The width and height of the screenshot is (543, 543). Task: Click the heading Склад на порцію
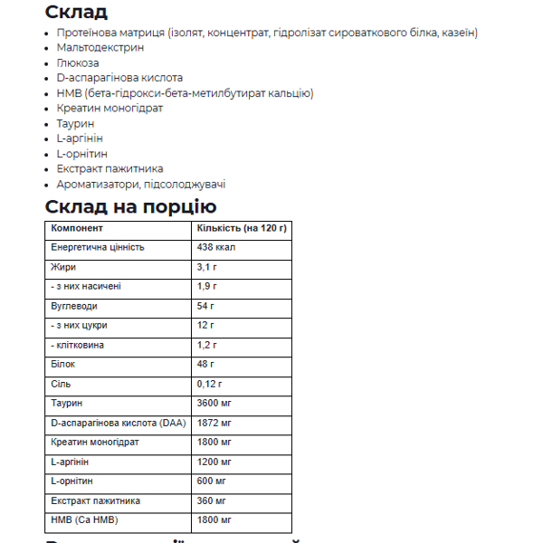tap(130, 206)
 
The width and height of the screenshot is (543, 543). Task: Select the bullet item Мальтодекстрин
tap(94, 47)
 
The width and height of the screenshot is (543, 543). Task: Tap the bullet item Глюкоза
tap(78, 62)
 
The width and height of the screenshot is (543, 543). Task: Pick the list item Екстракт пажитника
tap(110, 168)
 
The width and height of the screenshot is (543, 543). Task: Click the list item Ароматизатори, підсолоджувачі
tap(140, 184)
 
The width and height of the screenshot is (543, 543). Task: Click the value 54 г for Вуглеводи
tap(205, 306)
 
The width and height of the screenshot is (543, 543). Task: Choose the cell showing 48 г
tap(205, 364)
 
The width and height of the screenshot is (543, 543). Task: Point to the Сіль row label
tap(61, 383)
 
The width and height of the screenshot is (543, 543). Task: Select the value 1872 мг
tap(214, 423)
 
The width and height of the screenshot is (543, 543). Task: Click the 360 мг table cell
tap(212, 500)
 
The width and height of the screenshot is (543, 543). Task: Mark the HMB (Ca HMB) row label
tap(85, 519)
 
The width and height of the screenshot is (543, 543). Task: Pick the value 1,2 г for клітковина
tap(207, 345)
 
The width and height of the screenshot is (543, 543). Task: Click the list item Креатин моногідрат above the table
tap(110, 108)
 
